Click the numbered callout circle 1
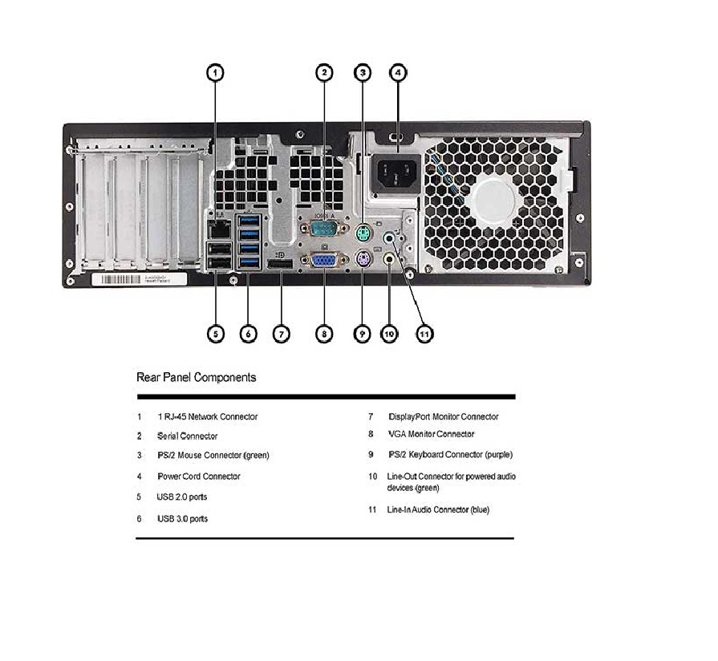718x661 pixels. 216,73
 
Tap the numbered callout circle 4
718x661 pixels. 398,72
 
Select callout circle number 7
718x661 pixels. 281,334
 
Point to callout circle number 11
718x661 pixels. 424,335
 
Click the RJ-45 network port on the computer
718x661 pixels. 218,229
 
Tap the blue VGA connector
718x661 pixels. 324,260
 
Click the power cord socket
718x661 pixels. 396,173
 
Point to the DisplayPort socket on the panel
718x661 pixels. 279,266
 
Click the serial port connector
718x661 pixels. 324,229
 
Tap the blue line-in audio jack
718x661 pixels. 389,237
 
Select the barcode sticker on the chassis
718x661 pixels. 140,279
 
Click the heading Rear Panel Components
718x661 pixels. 197,377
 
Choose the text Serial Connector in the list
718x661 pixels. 187,436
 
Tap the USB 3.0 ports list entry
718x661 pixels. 182,519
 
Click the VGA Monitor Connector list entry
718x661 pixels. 431,434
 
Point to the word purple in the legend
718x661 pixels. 498,455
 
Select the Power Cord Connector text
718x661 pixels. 199,476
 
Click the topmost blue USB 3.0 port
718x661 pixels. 249,221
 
